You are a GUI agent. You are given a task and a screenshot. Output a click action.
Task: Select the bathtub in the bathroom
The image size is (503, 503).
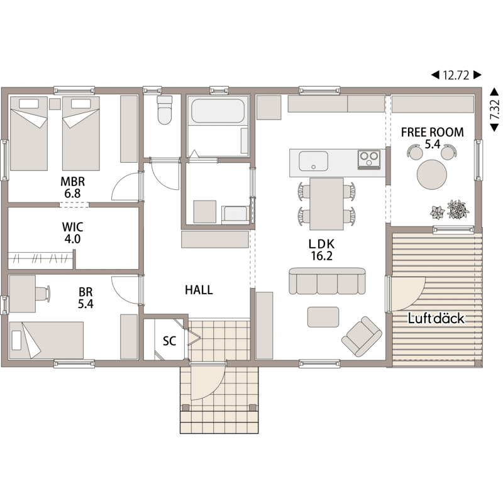coord(218,111)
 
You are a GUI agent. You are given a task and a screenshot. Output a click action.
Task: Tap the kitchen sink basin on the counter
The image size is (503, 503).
coord(313,161)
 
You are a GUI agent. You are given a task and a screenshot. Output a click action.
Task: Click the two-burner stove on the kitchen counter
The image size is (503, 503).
coord(369,159)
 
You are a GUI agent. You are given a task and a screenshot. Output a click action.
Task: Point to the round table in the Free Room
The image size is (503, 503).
coord(432,175)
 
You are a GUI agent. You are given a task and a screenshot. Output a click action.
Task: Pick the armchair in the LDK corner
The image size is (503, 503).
coord(362,336)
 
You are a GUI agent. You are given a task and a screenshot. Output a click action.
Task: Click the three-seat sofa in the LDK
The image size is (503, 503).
coord(327,280)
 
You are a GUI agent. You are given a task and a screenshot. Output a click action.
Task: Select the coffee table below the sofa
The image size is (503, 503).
coord(323,317)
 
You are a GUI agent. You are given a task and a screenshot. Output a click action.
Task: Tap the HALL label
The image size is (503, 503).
coord(199,290)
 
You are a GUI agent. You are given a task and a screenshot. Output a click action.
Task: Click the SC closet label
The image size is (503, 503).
coord(169,341)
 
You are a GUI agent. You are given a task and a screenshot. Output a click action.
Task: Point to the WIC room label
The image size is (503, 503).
coord(72,227)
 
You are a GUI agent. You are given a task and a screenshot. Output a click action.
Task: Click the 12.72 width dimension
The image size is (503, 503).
coord(456,75)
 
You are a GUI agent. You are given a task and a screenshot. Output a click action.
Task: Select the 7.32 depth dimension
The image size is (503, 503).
coord(494,109)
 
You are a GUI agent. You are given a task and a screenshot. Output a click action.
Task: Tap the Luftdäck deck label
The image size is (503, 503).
coord(436,319)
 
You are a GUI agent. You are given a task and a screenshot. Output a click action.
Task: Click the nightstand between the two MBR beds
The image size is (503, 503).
coord(55,104)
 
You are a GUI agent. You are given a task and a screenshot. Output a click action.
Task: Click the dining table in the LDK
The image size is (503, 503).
coord(326,204)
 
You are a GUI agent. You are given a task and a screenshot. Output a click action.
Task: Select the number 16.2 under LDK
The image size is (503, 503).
coord(321,256)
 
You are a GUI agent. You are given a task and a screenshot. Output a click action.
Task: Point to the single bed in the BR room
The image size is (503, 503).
coord(47,340)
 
